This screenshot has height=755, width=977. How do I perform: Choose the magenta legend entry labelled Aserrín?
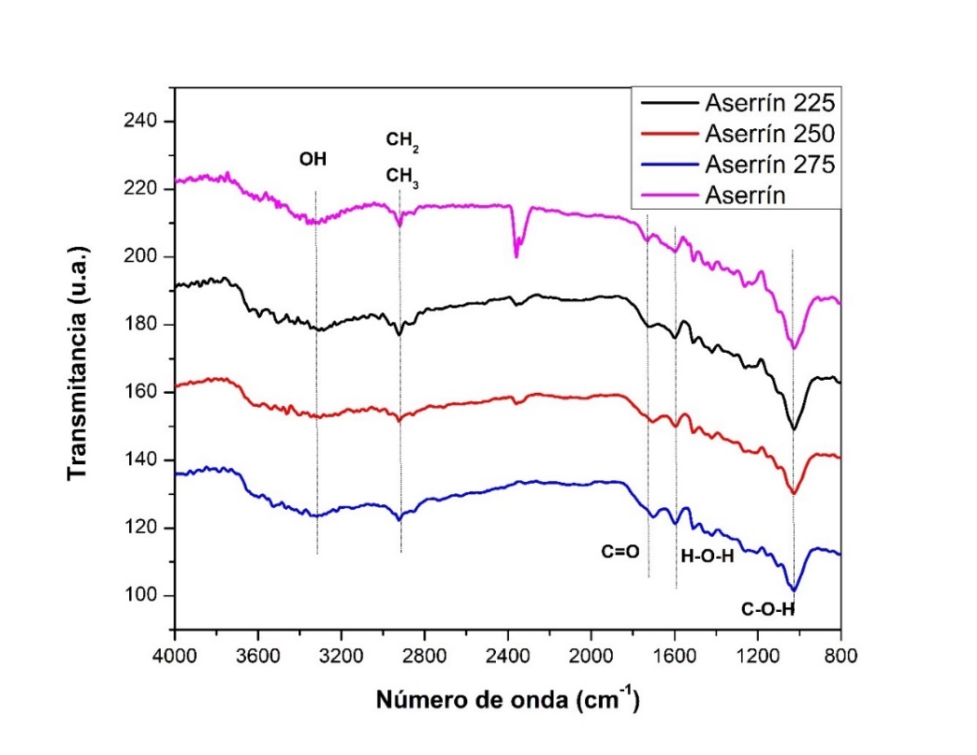(x=736, y=196)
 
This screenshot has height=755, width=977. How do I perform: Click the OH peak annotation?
(x=312, y=159)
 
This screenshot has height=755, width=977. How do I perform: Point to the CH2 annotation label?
(x=402, y=141)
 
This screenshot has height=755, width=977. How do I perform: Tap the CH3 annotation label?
(x=403, y=176)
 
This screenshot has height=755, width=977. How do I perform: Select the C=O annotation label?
(x=619, y=552)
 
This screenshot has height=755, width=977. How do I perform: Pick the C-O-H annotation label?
(x=767, y=610)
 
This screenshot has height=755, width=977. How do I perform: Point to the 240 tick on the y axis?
(x=145, y=122)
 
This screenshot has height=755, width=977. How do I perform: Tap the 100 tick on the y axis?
(x=145, y=595)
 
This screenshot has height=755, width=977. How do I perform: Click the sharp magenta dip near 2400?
(x=516, y=255)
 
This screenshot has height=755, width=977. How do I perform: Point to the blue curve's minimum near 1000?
(x=793, y=590)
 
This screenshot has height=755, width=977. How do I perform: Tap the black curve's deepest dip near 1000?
(x=793, y=429)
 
